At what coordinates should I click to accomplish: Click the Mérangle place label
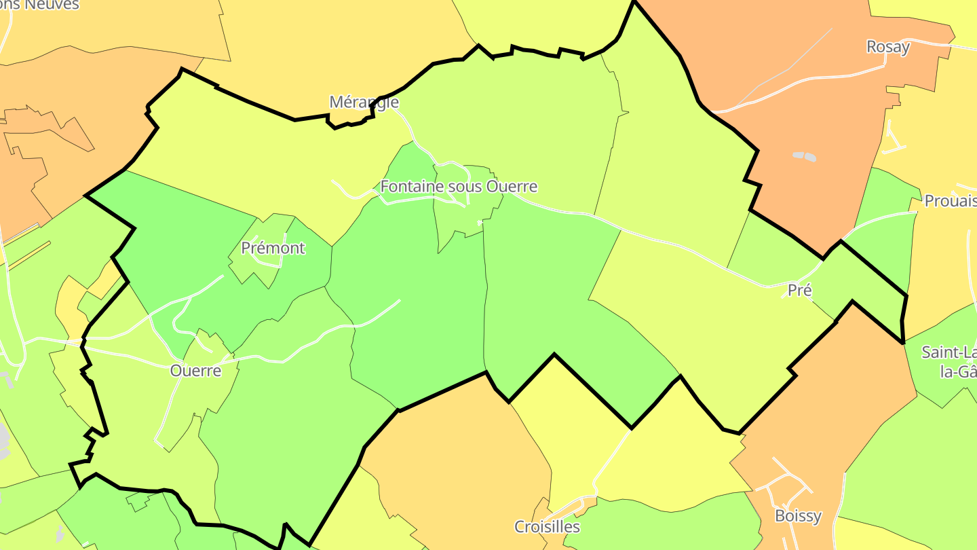click(364, 102)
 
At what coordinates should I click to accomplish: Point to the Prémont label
click(273, 248)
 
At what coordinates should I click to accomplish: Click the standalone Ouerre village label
click(195, 371)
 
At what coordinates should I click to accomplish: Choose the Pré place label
click(800, 290)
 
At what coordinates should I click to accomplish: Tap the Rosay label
click(887, 47)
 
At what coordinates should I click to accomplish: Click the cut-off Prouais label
click(950, 201)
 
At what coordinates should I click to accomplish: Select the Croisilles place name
click(547, 526)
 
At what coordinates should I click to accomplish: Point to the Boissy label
click(798, 515)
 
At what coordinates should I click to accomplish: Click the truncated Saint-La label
click(949, 352)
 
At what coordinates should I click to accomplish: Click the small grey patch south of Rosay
click(804, 156)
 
